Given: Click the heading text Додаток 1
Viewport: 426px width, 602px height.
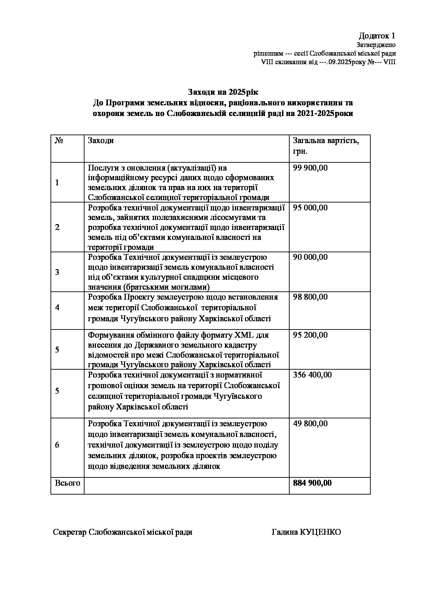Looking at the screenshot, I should coord(377,36).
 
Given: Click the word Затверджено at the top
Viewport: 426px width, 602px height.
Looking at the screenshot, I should coord(376,45).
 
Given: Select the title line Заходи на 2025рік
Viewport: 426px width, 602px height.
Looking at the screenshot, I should coord(223,92).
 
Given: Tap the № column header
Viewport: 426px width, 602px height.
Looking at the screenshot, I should coord(59,141).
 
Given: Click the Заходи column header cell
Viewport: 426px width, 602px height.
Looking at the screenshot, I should coord(101,141).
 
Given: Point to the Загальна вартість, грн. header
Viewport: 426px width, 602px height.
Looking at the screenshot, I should coord(326,146).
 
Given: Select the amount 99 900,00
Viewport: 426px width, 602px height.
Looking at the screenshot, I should coord(310,168).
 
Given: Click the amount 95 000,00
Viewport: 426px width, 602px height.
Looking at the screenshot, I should coord(310,208).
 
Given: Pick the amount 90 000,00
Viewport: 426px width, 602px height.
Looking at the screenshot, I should coord(310,257).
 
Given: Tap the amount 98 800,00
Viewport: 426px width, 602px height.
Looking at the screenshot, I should coord(310,297).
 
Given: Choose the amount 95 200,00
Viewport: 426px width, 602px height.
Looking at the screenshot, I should coord(310,335).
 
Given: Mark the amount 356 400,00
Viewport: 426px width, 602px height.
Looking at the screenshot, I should coord(312,375).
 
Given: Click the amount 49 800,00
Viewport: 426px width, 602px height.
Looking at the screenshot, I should coord(310,424).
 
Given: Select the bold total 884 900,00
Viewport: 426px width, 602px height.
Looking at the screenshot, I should coord(312,483).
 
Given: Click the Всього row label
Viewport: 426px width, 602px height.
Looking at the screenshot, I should coord(67,483).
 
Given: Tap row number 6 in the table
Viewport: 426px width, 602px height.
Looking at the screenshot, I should coord(57,445).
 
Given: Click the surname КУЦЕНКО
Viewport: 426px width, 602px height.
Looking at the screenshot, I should coord(321,532).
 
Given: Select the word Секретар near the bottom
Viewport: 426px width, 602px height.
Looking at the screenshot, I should coord(70,532).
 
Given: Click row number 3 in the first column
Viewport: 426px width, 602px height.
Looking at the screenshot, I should coord(57,272).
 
